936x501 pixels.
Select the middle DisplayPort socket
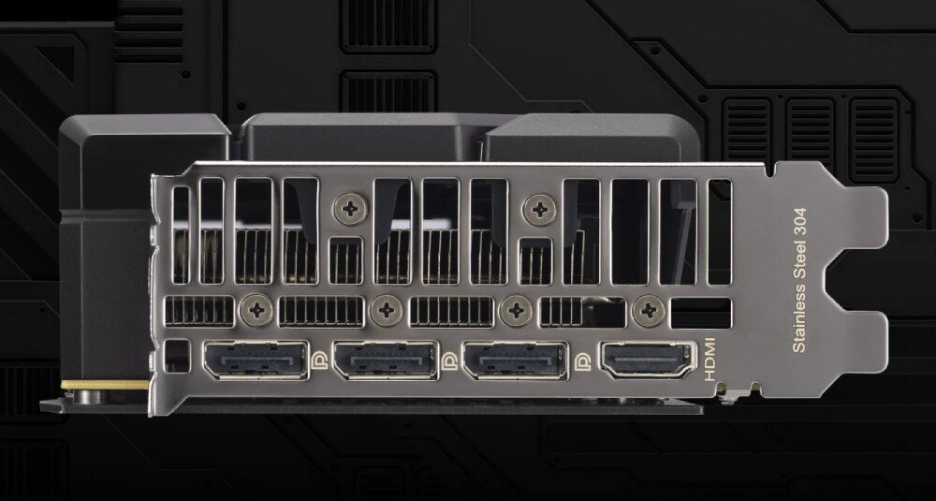coord(385,361)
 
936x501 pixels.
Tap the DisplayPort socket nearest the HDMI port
coord(516,361)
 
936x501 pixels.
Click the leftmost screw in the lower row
coord(255,311)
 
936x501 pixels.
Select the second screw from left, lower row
coord(385,311)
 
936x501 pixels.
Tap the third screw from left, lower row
coord(516,311)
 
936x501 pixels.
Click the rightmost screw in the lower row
coord(646,311)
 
